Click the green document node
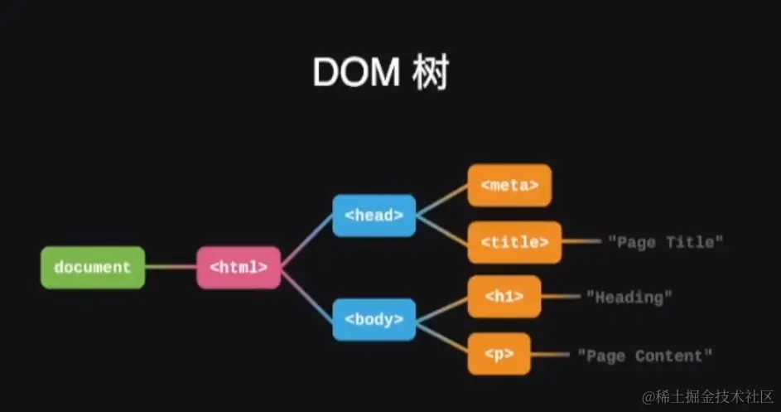93,268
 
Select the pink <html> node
239,268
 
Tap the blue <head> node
374,216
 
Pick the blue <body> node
374,319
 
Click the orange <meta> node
509,185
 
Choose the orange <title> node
514,242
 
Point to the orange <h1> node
504,296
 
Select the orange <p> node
499,354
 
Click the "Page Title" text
666,242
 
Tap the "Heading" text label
629,296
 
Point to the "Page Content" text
644,356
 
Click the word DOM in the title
356,74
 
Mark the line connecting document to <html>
171,268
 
